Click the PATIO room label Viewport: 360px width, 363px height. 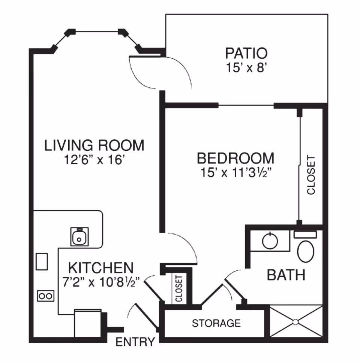246,53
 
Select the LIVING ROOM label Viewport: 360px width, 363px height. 94,145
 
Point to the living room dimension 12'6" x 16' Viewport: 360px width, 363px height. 94,160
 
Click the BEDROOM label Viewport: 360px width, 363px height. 235,158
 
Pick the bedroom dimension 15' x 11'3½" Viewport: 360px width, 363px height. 235,173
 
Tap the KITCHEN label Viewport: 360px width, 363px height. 101,268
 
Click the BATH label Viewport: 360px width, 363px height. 286,275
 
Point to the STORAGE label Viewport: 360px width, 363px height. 216,323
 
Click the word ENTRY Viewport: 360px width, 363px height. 135,342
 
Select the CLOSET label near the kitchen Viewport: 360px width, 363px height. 178,288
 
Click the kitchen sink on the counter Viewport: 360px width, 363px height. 79,237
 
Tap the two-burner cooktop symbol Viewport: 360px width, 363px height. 45,296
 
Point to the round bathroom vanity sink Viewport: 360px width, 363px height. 270,241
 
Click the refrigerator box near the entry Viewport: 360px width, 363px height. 88,323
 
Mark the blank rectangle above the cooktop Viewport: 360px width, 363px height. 42,261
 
